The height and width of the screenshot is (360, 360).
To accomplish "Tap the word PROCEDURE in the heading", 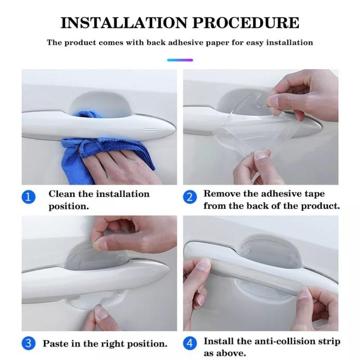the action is pyautogui.click(x=246, y=23).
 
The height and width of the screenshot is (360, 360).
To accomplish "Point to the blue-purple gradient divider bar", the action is pyautogui.click(x=180, y=60).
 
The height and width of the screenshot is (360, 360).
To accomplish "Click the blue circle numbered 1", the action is pyautogui.click(x=28, y=197).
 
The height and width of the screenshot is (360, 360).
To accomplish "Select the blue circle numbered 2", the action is pyautogui.click(x=190, y=197).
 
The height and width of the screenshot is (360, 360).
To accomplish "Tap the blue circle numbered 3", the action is pyautogui.click(x=28, y=344).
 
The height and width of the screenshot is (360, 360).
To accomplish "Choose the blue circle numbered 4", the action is pyautogui.click(x=190, y=344).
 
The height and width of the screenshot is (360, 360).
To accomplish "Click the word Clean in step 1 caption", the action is pyautogui.click(x=62, y=194).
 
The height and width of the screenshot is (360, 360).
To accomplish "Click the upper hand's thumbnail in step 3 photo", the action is pyautogui.click(x=100, y=244).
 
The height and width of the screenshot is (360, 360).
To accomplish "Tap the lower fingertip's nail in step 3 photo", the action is pyautogui.click(x=101, y=312).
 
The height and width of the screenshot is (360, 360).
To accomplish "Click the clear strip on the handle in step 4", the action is pyautogui.click(x=257, y=277).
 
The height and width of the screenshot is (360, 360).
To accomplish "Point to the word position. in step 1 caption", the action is pyautogui.click(x=68, y=206).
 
